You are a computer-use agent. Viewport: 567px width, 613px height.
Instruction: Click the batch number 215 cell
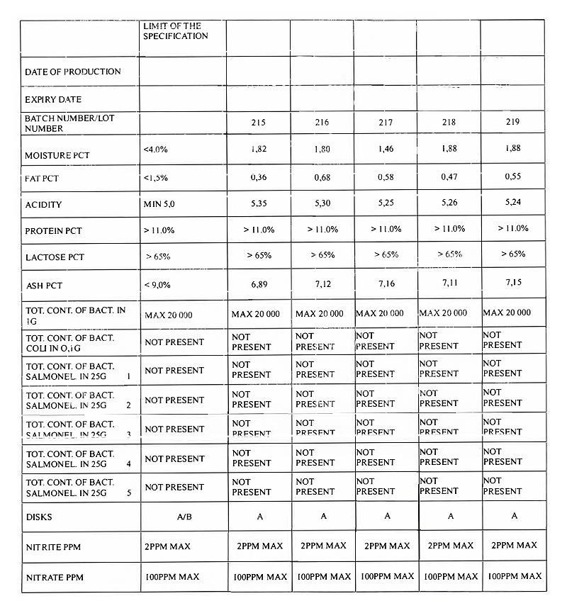258,122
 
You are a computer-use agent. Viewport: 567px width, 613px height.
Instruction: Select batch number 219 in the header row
512,122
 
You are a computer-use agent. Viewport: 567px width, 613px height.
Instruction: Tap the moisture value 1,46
386,150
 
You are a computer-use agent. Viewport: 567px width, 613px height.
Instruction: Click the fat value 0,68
322,177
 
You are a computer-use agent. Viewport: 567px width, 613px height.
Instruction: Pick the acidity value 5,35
258,204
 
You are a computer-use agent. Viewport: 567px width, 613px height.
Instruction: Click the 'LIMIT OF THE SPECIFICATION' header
172,31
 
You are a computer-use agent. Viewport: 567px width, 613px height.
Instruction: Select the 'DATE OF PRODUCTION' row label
73,72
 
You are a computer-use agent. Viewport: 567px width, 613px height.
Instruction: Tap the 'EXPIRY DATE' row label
53,100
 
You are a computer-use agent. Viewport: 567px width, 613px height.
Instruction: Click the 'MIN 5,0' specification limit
163,204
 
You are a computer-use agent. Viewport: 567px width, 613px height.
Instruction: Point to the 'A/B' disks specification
184,517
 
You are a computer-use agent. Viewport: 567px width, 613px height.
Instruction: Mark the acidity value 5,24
512,204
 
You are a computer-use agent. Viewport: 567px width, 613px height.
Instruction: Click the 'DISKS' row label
39,517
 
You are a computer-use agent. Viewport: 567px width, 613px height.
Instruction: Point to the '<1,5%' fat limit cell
156,178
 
